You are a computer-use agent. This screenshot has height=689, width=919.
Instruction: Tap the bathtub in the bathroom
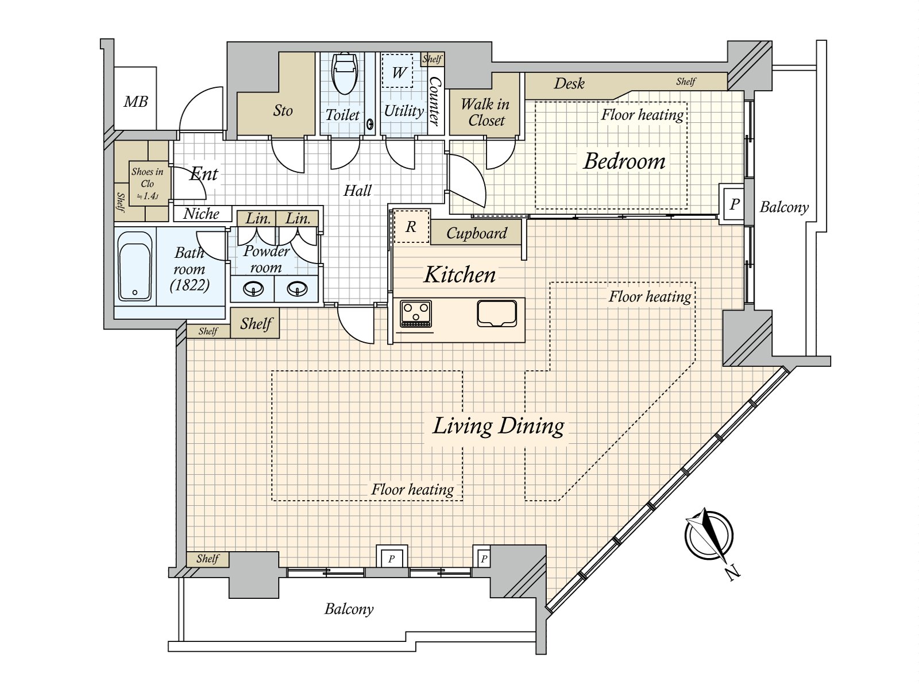(134, 266)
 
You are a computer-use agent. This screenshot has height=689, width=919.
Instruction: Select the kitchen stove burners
(416, 313)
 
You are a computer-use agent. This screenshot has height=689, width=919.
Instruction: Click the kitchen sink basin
(497, 313)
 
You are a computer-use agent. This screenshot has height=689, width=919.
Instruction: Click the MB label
(136, 102)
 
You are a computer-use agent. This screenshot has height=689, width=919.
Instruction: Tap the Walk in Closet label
(486, 112)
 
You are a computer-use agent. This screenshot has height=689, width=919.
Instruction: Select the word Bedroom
(624, 161)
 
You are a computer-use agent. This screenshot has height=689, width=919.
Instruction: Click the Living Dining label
(498, 427)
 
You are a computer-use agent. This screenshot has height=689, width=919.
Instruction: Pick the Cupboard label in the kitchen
(477, 233)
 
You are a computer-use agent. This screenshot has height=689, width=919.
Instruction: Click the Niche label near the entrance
(202, 214)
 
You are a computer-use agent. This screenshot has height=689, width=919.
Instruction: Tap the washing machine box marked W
(397, 71)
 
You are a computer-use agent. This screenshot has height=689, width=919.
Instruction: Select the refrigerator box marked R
(411, 226)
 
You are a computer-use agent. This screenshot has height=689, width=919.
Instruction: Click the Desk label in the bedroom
(569, 84)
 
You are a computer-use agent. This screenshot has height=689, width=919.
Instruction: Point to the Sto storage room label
(283, 111)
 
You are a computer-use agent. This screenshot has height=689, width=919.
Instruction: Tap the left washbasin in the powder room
(253, 289)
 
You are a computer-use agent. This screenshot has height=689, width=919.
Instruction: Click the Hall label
(357, 191)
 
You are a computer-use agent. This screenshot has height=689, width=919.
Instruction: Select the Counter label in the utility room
(435, 101)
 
